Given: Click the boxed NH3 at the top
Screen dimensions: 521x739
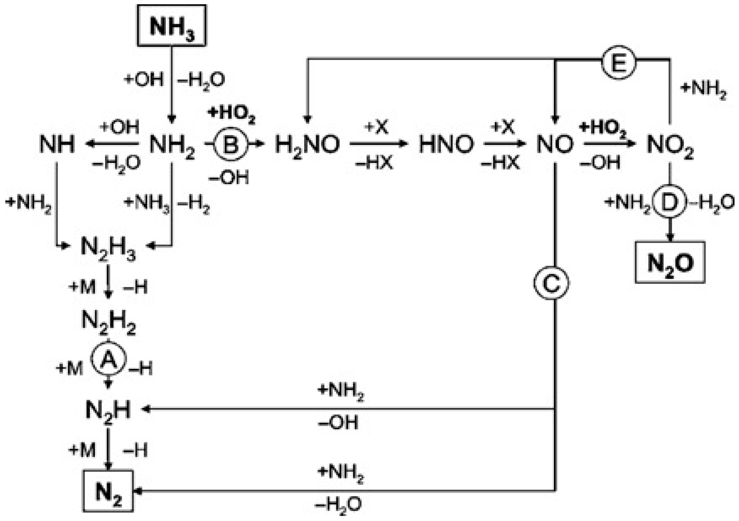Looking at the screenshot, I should (172, 26).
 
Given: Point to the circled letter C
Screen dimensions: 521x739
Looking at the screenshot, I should (551, 283).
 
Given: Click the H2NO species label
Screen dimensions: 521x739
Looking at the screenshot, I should (307, 145).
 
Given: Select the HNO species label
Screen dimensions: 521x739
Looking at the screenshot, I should (446, 144).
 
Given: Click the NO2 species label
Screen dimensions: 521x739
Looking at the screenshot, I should (670, 145).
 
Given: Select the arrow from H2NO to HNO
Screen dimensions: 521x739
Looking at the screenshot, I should (379, 144).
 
